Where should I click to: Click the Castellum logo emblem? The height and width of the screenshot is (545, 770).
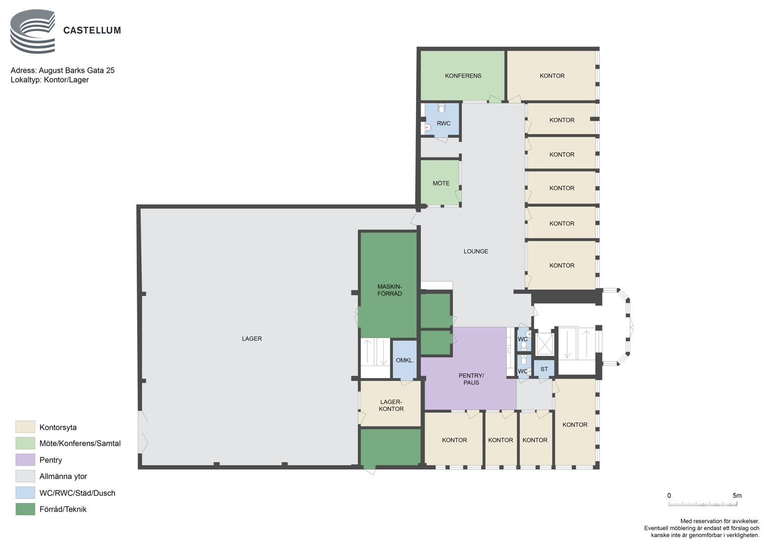tap(33, 31)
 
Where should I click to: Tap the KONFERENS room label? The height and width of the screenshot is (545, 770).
tap(463, 76)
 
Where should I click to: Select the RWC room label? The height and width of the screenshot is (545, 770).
tap(443, 123)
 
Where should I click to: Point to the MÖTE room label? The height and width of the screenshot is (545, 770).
tap(441, 183)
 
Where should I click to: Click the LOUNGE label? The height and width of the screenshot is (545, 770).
tap(476, 251)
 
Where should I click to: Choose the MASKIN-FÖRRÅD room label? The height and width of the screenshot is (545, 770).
tap(389, 290)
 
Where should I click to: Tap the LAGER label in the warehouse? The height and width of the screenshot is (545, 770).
tap(252, 339)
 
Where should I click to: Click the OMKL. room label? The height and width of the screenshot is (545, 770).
tap(404, 360)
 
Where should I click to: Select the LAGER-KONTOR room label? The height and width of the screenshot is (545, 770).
tap(391, 405)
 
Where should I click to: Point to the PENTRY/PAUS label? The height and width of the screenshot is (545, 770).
tap(471, 379)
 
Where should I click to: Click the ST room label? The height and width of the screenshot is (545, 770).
tap(544, 369)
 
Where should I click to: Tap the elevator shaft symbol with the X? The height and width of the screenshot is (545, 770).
tap(544, 343)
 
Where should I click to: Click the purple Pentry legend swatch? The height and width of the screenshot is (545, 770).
tap(25, 460)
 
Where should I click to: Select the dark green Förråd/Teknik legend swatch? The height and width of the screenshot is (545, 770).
tap(25, 509)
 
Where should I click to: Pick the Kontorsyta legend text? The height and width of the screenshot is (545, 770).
tap(58, 428)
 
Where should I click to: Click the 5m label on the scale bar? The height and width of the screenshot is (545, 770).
tap(737, 496)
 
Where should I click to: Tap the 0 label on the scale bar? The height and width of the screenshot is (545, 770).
tap(669, 496)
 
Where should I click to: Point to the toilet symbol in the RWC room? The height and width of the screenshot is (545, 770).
tap(442, 108)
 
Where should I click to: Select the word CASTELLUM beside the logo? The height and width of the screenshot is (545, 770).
tap(92, 31)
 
